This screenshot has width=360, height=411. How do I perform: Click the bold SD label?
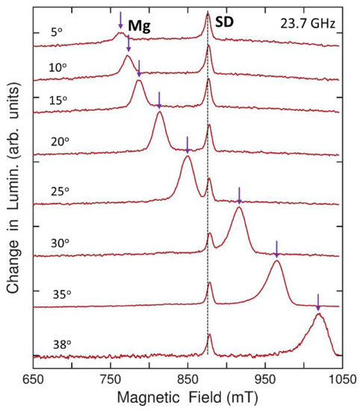(x=224, y=22)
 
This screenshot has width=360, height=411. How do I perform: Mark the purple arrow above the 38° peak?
(x=317, y=303)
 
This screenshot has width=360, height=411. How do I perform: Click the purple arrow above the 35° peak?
(x=276, y=249)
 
